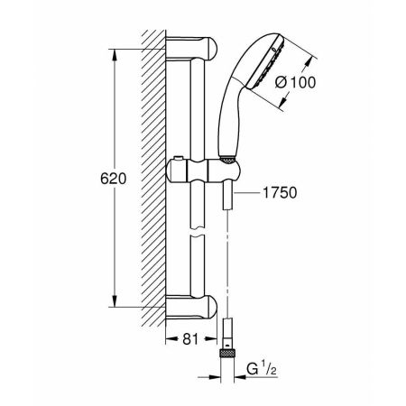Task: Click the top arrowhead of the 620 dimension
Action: pos(113,51)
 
